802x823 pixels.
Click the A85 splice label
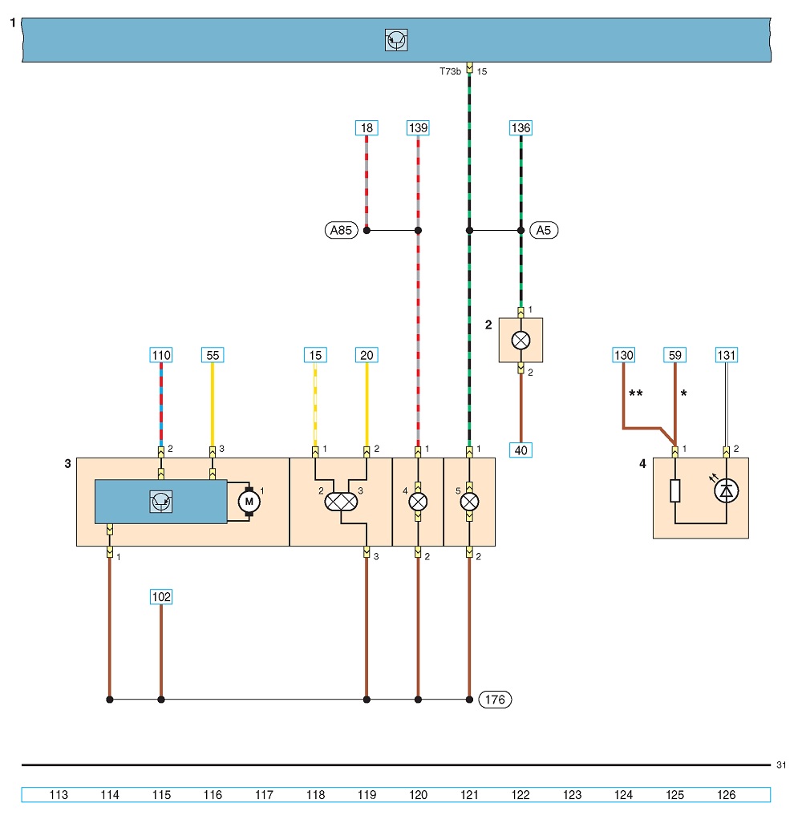(x=342, y=231)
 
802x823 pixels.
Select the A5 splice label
(x=544, y=231)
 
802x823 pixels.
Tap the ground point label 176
(x=496, y=700)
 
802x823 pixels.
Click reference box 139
(x=418, y=128)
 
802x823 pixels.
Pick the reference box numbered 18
(x=367, y=128)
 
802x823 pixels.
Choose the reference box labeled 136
(x=521, y=128)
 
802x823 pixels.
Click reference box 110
(x=161, y=355)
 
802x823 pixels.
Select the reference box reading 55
(x=213, y=355)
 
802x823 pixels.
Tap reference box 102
(x=161, y=597)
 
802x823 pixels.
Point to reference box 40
(x=521, y=450)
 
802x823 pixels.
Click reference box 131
(x=727, y=355)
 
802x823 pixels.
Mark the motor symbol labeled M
(x=249, y=502)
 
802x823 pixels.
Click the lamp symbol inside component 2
(x=521, y=341)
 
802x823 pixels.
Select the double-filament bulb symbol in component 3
(x=341, y=502)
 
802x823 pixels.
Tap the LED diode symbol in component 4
(x=727, y=490)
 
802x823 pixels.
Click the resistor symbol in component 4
(x=675, y=490)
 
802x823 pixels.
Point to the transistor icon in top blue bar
(x=396, y=40)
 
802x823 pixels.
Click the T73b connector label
(x=450, y=71)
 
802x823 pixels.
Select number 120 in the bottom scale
(x=418, y=795)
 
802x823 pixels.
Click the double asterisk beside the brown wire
(x=636, y=393)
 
